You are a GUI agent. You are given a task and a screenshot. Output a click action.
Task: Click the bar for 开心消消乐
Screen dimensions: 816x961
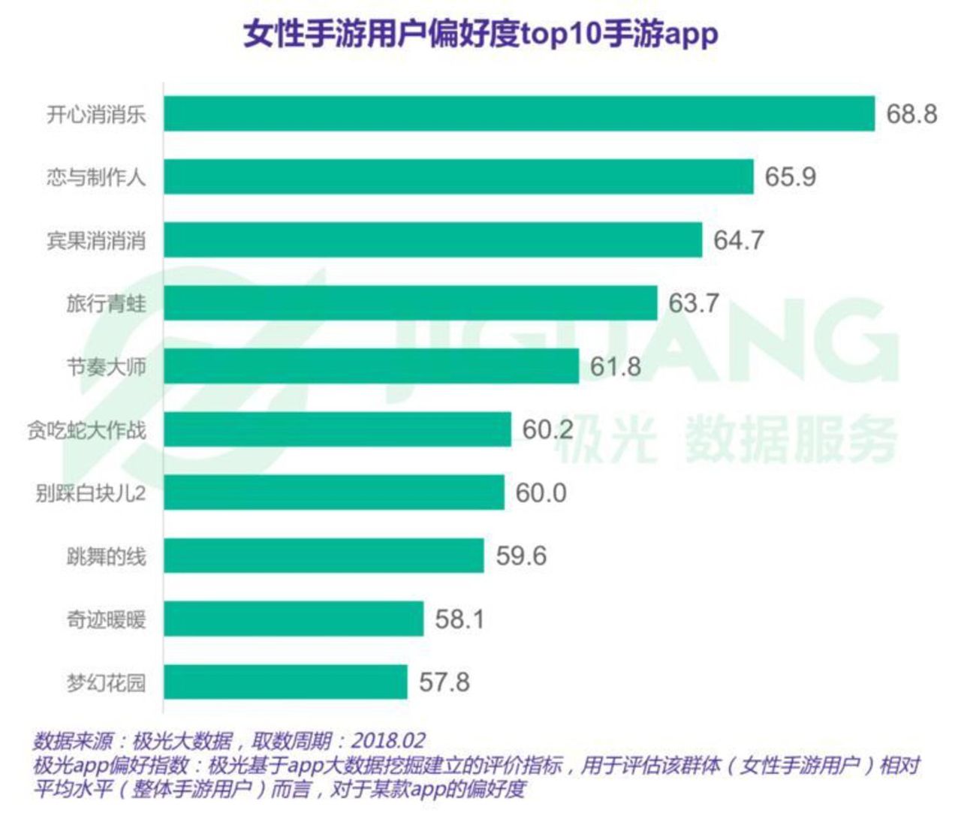click(x=520, y=113)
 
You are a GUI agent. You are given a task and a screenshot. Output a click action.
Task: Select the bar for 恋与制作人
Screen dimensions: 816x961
click(x=459, y=176)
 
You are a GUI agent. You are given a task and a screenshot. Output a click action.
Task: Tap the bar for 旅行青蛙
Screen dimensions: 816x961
click(x=411, y=303)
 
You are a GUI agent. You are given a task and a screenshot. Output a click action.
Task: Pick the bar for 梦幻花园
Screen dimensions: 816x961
click(x=286, y=682)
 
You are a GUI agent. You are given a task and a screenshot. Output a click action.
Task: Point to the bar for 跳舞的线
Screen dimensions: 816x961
click(x=324, y=556)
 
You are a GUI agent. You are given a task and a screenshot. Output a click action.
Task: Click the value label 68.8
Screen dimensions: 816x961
click(x=911, y=113)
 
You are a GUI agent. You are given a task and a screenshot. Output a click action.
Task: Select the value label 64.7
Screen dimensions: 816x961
click(x=739, y=240)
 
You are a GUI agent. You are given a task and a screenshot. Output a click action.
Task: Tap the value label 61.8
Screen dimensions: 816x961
click(x=616, y=366)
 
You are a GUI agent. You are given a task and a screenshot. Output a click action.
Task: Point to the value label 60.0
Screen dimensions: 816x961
click(x=541, y=492)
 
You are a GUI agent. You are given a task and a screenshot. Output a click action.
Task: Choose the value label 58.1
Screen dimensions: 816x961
click(x=459, y=619)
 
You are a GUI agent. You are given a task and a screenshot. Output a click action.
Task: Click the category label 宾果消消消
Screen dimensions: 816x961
click(x=96, y=241)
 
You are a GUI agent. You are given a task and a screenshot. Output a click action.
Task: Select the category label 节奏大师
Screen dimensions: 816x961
click(x=106, y=367)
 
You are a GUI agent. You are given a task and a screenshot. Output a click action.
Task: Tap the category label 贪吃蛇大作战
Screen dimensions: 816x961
click(x=86, y=430)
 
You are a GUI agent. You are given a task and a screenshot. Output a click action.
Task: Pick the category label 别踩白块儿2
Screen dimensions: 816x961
click(x=91, y=493)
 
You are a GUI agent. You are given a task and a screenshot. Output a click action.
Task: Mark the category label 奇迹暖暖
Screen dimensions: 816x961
click(x=106, y=620)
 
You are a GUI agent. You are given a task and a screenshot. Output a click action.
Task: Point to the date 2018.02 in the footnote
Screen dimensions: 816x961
click(x=387, y=742)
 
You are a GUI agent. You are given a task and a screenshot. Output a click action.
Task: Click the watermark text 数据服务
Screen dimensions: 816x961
click(x=791, y=439)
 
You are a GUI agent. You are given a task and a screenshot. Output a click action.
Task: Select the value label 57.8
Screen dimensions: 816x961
click(x=444, y=682)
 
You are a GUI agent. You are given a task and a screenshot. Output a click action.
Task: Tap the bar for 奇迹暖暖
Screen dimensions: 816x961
click(x=294, y=619)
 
